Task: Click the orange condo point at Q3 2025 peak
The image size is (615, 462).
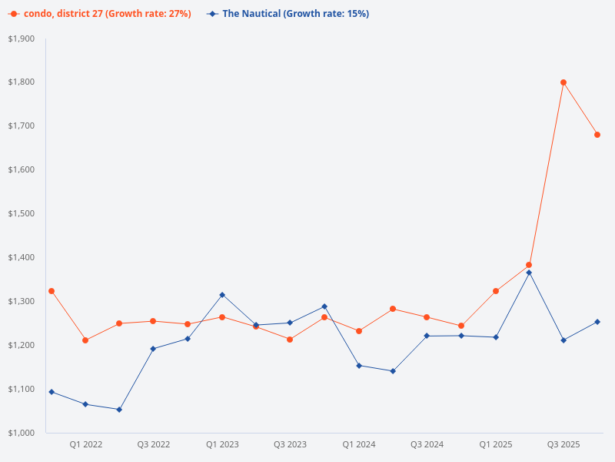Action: point(563,82)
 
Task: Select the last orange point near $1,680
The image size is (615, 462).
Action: point(597,135)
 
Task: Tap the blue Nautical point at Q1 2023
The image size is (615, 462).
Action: point(222,295)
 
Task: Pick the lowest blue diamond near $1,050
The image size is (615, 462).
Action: point(119,410)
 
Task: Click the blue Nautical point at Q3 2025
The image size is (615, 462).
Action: point(563,340)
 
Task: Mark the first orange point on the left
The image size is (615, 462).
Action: point(52,291)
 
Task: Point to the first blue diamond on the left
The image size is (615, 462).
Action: point(52,392)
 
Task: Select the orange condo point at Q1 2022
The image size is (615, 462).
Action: point(85,340)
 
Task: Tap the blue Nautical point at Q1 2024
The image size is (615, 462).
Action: point(359,366)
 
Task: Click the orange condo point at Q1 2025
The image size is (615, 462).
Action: point(496,291)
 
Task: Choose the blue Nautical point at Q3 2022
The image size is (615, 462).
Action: point(153,349)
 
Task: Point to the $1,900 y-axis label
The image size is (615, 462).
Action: point(22,38)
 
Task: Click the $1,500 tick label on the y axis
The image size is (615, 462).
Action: point(22,213)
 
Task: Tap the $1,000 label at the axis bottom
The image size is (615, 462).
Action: point(22,433)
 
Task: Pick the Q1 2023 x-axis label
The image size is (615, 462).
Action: point(222,444)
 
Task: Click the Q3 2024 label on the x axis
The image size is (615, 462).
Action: point(427,444)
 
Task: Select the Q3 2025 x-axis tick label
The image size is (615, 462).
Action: point(563,444)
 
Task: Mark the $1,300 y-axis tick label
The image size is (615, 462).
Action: point(22,301)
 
